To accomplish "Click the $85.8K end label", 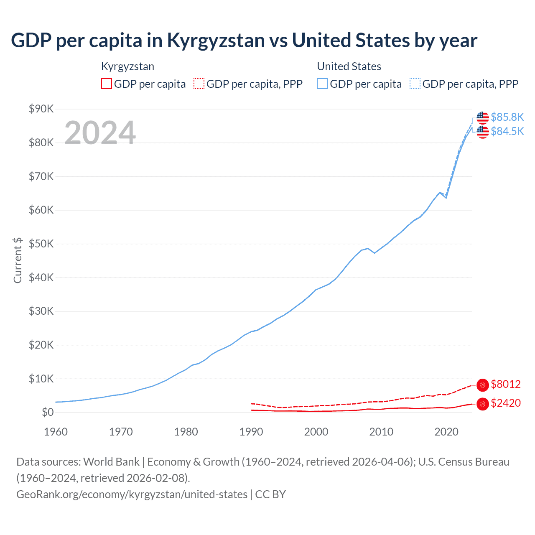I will point(507,117).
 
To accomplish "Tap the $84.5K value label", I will point(507,131).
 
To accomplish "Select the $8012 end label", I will point(505,384).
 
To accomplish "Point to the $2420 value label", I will point(505,403).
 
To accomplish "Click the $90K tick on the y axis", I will point(41,109).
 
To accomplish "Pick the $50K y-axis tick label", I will point(41,244).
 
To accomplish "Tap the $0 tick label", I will point(48,413).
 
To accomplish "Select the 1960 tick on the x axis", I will point(56,432).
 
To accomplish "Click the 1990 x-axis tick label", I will point(251,432).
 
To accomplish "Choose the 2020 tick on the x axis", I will point(446,432).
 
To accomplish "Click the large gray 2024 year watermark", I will point(100,133).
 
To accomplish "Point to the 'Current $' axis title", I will point(18,260).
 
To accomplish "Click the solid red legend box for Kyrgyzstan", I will point(107,84).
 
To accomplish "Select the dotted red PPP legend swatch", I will point(199,84).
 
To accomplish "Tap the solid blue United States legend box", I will point(322,84).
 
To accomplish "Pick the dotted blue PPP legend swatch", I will point(415,84).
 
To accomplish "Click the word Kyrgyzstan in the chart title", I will point(216,41).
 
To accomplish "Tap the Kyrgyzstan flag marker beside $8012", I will point(483,385).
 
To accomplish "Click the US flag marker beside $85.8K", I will point(483,117).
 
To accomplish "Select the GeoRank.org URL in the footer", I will point(132,494).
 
